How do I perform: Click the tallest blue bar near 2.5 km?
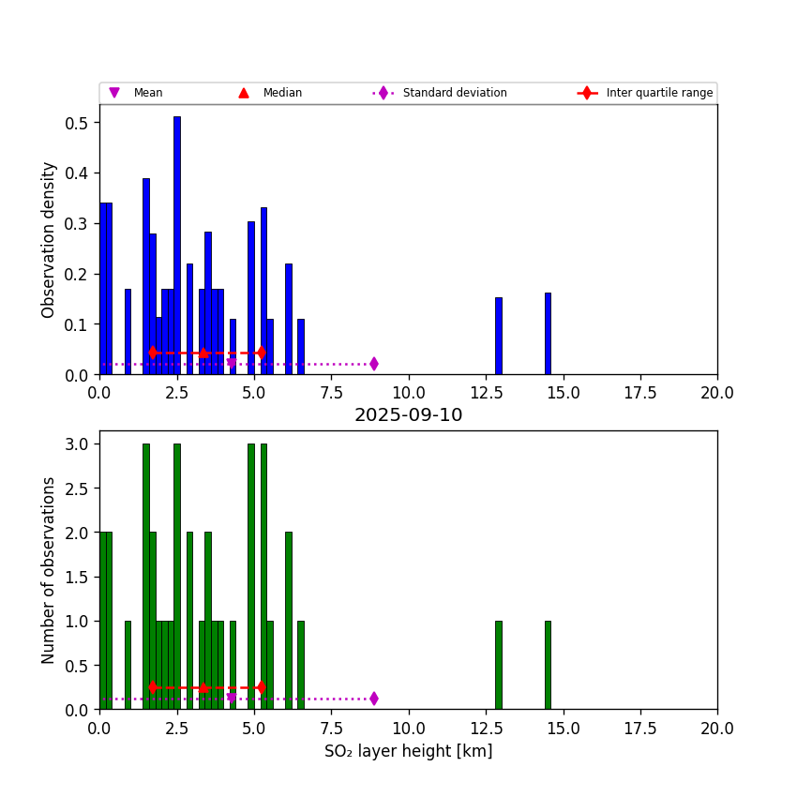point(176,246)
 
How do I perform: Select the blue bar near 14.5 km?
point(548,334)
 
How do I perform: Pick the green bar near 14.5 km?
point(548,665)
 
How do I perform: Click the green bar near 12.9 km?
point(498,665)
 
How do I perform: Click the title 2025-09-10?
point(408,415)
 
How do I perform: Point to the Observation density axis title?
point(49,239)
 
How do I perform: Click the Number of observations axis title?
point(49,570)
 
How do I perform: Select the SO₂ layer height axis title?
point(408,751)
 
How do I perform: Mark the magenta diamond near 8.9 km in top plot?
point(374,364)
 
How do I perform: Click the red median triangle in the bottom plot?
point(203,687)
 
